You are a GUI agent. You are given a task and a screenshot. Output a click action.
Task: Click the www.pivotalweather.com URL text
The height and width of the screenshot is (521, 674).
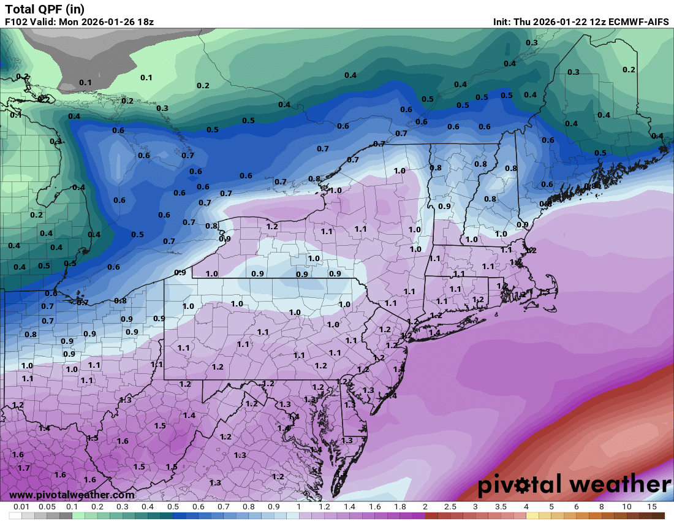point(72,495)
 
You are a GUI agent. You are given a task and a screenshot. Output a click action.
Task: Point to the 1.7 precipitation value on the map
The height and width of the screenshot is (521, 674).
point(23,468)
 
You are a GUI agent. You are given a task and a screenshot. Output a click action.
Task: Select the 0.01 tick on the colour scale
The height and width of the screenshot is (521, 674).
point(22,508)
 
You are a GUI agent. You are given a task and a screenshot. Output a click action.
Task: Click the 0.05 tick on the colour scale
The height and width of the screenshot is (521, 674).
point(47,508)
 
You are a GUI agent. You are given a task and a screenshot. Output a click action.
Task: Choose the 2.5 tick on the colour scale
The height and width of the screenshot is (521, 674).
point(450,508)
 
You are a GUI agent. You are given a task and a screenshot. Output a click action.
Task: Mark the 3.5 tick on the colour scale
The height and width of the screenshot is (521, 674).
point(501,508)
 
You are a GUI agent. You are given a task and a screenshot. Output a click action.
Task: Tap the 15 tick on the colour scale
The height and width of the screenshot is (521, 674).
point(652,508)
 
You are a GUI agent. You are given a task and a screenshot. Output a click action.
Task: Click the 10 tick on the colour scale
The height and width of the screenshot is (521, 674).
point(627,508)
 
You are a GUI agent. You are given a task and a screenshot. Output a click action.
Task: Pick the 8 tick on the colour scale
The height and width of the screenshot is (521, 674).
point(602,508)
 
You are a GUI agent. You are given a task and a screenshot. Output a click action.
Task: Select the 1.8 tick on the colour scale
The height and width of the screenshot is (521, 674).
point(399,508)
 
